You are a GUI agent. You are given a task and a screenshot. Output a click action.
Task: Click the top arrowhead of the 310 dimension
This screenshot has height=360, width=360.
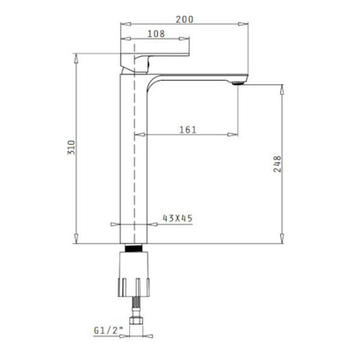79,55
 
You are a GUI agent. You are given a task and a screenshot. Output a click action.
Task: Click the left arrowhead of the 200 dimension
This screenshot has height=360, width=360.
122,25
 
